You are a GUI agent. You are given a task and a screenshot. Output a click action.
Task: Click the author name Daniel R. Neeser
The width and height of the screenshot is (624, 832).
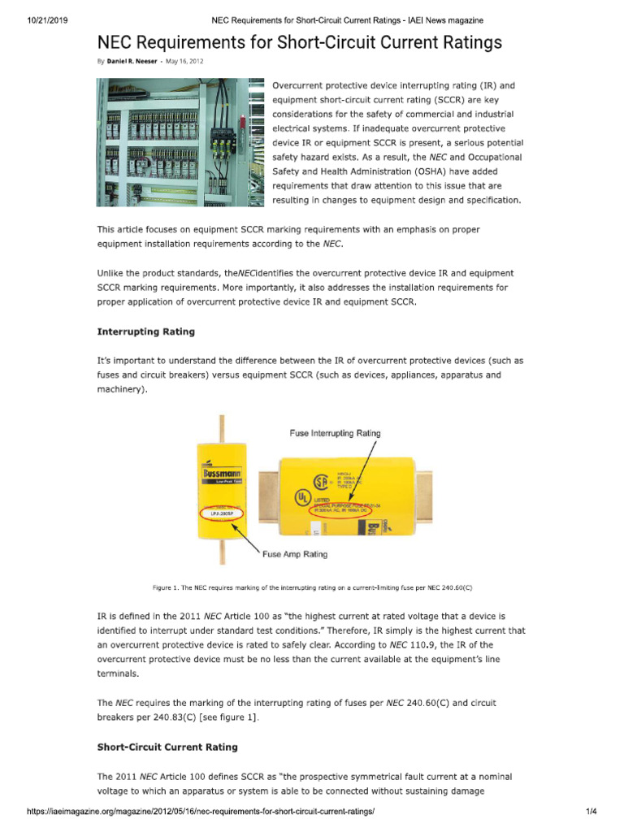pyautogui.click(x=132, y=61)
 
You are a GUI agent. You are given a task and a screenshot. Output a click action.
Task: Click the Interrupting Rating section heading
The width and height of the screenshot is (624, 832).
pyautogui.click(x=145, y=331)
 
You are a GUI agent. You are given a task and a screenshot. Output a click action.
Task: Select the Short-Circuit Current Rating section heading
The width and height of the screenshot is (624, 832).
pyautogui.click(x=167, y=746)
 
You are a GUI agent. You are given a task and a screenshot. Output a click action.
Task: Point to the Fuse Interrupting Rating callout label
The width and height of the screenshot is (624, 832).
pyautogui.click(x=335, y=433)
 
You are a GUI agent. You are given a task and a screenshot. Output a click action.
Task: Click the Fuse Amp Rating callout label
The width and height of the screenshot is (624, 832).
pyautogui.click(x=295, y=554)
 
